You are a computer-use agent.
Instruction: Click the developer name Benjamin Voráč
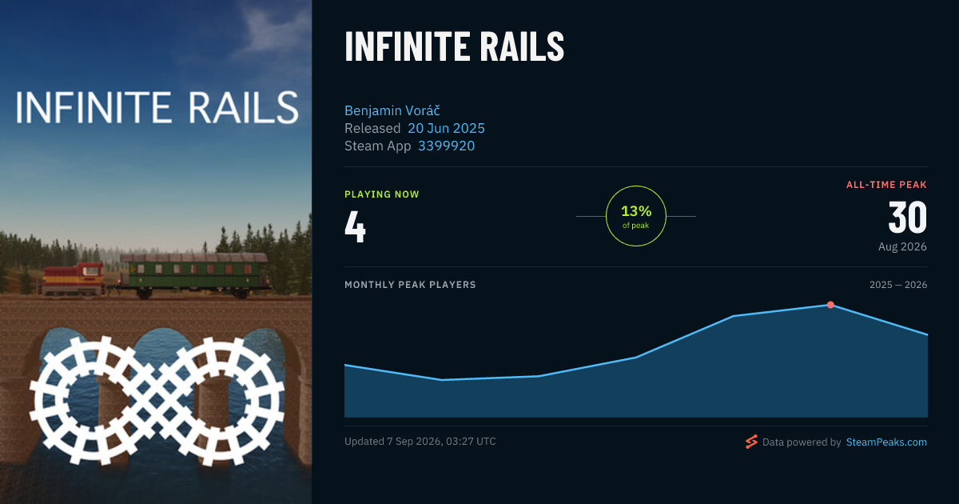(392, 110)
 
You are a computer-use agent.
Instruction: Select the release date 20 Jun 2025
(446, 128)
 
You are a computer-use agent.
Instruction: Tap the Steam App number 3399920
(446, 146)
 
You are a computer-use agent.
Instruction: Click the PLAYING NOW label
(382, 194)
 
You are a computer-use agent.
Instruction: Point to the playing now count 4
(355, 226)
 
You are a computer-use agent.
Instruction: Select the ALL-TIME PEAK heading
(886, 185)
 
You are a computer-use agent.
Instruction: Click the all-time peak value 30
(908, 218)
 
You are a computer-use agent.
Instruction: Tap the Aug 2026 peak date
(902, 247)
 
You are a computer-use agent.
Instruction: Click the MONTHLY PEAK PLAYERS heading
(410, 285)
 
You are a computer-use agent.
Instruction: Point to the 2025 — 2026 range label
(898, 285)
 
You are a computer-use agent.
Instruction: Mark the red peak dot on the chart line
(830, 305)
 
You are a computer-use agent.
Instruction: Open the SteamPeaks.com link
(886, 442)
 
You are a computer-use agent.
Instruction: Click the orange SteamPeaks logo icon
(751, 442)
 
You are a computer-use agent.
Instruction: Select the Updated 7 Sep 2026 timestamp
(420, 442)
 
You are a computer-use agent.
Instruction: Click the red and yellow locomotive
(74, 279)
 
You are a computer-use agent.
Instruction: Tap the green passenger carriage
(194, 275)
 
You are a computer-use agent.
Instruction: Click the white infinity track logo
(157, 401)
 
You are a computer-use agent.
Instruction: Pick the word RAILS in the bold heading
(522, 46)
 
